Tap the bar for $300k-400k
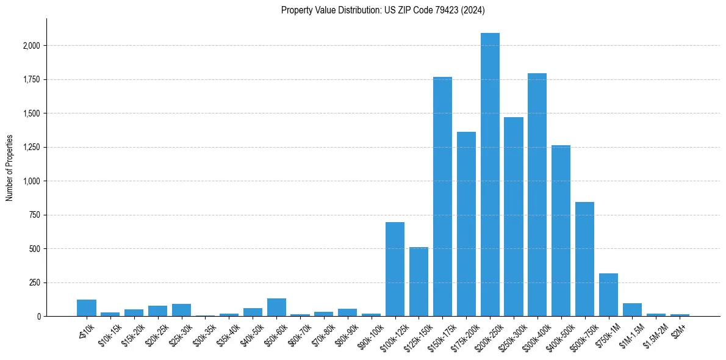(x=537, y=195)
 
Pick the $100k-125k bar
(x=395, y=269)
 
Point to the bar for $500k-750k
(x=584, y=259)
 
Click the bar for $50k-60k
(x=276, y=308)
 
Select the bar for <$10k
(x=87, y=308)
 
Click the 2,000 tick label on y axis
(x=32, y=46)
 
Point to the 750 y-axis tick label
(x=35, y=215)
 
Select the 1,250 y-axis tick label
(x=32, y=147)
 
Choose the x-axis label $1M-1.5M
(x=630, y=336)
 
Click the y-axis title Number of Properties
(x=9, y=168)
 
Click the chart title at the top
(x=383, y=10)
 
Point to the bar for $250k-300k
(x=514, y=217)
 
